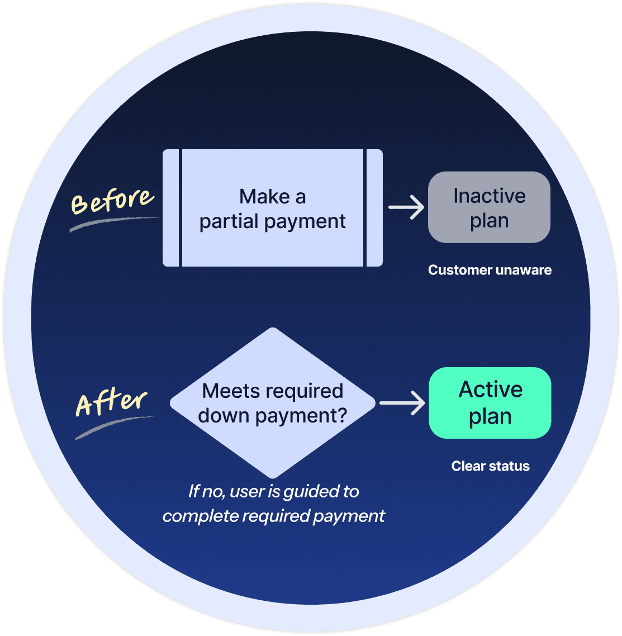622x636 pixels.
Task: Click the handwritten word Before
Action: pyautogui.click(x=112, y=201)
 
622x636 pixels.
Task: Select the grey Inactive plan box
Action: pyautogui.click(x=489, y=207)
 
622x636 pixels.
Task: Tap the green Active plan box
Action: pyautogui.click(x=490, y=402)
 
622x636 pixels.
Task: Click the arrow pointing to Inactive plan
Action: pyautogui.click(x=406, y=207)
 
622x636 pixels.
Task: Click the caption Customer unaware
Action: pyautogui.click(x=490, y=270)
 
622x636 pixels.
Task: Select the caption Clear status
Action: pyautogui.click(x=490, y=466)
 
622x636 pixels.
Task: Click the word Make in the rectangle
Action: pyautogui.click(x=264, y=197)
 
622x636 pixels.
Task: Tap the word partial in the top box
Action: pyautogui.click(x=226, y=222)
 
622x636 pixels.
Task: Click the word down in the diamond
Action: pyautogui.click(x=223, y=416)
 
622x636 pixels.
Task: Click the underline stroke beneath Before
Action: pyautogui.click(x=112, y=223)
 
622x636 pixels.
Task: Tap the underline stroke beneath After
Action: pyautogui.click(x=112, y=427)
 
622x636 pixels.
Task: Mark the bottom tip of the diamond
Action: pyautogui.click(x=273, y=476)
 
